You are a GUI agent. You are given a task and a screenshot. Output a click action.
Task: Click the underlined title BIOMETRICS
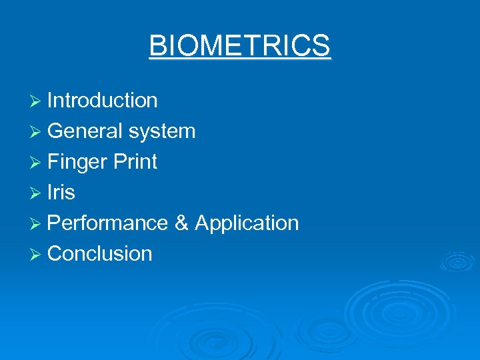click(239, 46)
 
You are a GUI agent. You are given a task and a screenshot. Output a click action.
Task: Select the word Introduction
click(102, 101)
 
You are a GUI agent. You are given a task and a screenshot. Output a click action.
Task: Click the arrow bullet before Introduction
click(37, 101)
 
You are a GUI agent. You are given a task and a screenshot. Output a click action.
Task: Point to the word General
click(85, 131)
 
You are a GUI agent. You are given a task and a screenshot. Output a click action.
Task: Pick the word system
click(162, 131)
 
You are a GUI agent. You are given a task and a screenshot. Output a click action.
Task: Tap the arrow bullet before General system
click(37, 131)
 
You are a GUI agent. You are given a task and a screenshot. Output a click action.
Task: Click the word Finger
click(78, 162)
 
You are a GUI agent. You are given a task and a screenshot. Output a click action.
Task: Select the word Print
click(135, 162)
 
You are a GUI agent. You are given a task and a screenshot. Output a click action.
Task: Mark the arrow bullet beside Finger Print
click(37, 162)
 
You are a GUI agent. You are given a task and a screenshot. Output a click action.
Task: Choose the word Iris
click(61, 193)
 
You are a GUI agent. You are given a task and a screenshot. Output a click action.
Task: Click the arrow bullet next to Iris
click(37, 193)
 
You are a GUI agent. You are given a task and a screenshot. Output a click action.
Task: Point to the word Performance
click(107, 223)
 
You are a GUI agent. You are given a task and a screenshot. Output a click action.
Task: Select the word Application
click(247, 223)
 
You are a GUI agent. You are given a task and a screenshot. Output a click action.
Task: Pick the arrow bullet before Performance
click(37, 223)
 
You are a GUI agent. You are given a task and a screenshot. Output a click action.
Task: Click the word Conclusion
click(100, 254)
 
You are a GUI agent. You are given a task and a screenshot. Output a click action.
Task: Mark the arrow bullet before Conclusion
click(37, 254)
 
